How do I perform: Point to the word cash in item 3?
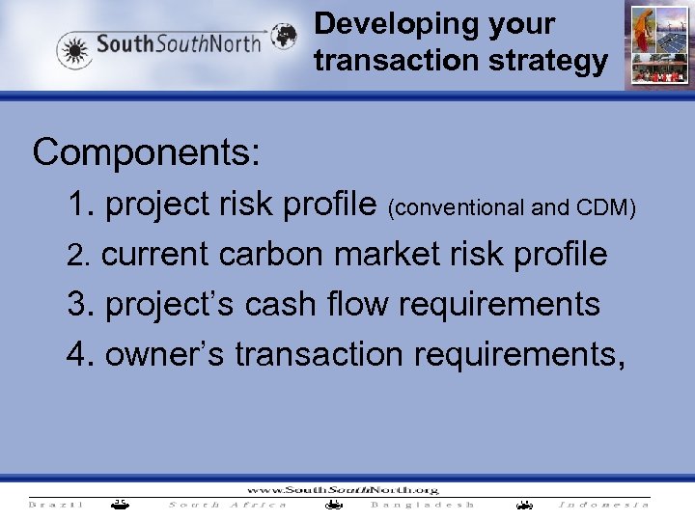click(284, 305)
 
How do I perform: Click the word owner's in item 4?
click(165, 355)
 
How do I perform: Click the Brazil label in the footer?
click(55, 505)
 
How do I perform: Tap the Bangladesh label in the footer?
click(423, 505)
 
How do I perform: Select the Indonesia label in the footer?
click(604, 505)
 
